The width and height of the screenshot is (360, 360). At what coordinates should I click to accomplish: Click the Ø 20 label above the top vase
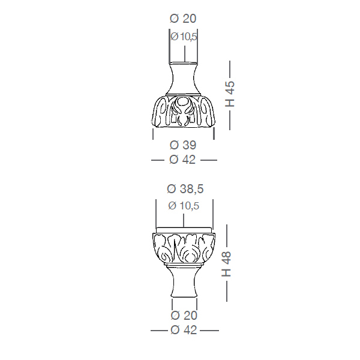pyautogui.click(x=183, y=19)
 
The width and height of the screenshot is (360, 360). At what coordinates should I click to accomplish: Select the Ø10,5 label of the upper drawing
pyautogui.click(x=184, y=36)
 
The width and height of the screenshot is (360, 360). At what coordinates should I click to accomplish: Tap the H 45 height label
pyautogui.click(x=230, y=94)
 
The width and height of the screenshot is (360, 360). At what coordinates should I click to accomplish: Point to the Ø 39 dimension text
pyautogui.click(x=183, y=145)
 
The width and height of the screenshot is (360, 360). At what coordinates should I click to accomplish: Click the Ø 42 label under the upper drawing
pyautogui.click(x=182, y=160)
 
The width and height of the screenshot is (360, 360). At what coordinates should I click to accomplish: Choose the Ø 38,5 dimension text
pyautogui.click(x=185, y=189)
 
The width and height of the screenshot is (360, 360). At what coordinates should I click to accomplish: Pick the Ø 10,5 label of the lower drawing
pyautogui.click(x=184, y=206)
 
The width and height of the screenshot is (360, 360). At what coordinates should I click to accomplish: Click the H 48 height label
pyautogui.click(x=226, y=264)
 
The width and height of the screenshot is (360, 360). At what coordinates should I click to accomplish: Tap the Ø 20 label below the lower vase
pyautogui.click(x=184, y=316)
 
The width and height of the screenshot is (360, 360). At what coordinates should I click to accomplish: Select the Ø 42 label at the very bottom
pyautogui.click(x=184, y=330)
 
